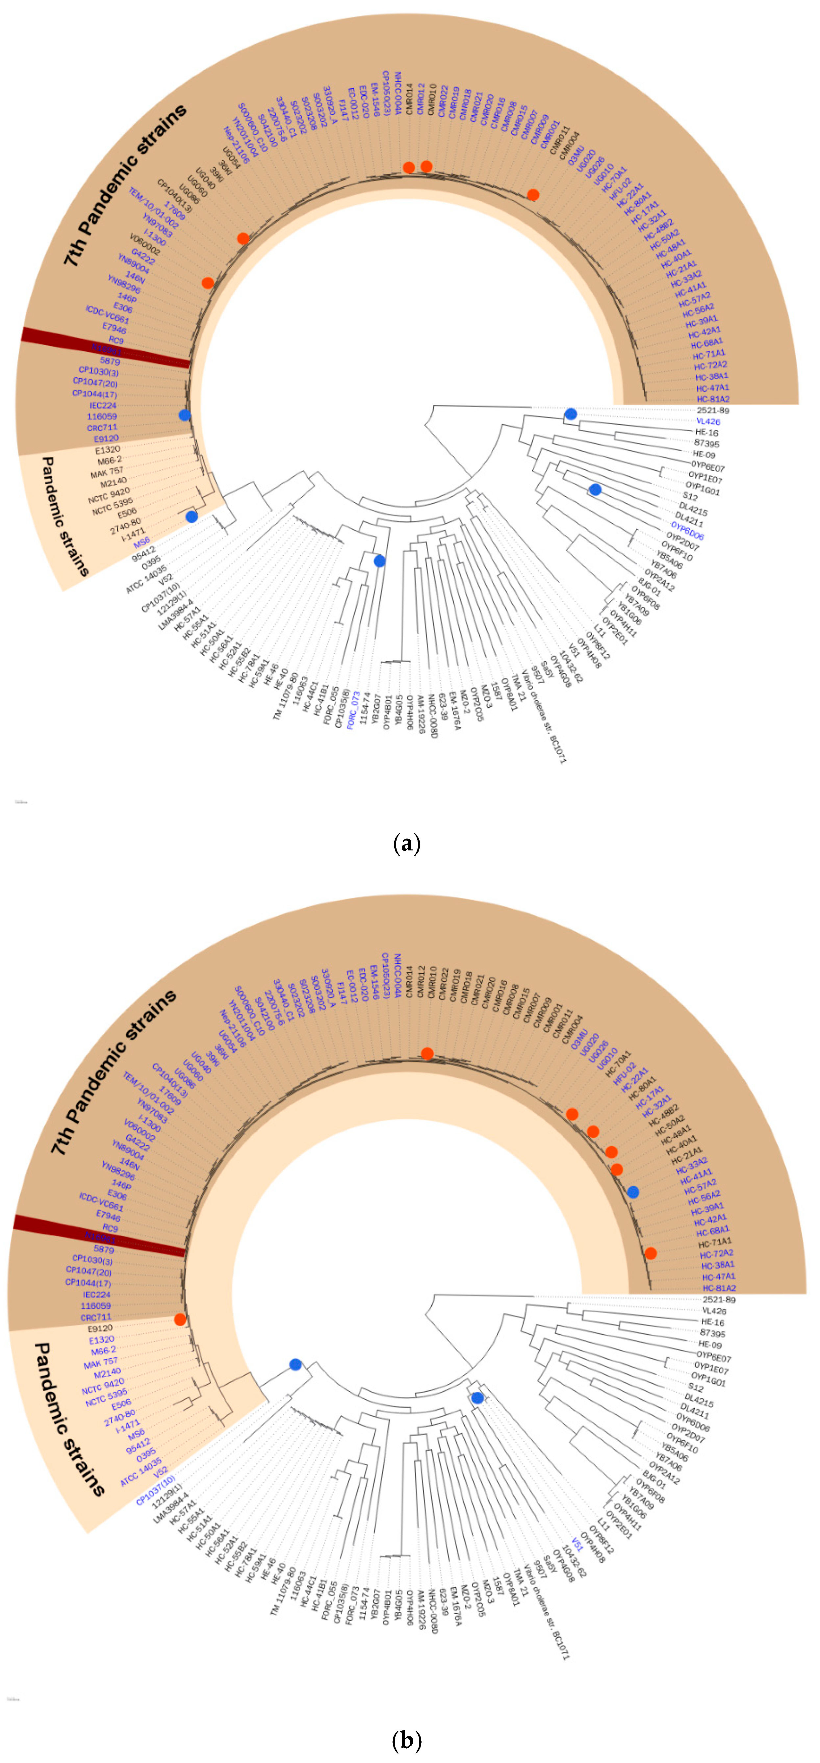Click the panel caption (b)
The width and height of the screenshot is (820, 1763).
[x=407, y=1740]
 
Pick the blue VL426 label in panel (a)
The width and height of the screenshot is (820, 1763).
[x=708, y=422]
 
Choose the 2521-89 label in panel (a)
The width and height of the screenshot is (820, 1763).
[x=712, y=411]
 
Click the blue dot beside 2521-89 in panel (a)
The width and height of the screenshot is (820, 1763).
[x=570, y=414]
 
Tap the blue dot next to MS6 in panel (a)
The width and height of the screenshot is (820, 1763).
[x=192, y=517]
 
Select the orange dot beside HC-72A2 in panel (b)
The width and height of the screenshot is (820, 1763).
[x=650, y=1253]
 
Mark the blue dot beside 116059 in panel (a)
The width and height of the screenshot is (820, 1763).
[x=184, y=415]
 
